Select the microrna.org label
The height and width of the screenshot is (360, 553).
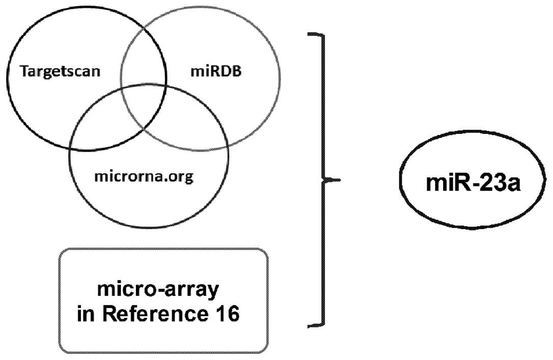[x=144, y=178]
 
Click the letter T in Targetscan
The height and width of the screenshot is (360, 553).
[x=24, y=71]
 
